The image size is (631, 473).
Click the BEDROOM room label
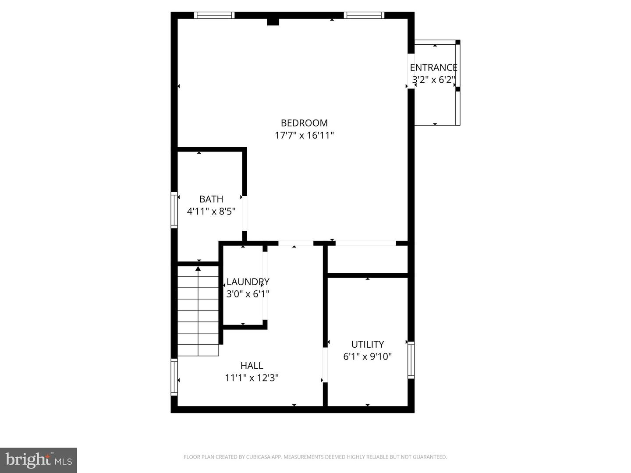[x=304, y=123]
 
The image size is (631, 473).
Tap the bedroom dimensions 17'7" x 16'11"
[x=304, y=135]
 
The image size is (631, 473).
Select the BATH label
[x=211, y=199]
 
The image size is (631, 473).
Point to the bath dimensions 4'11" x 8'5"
[x=211, y=212]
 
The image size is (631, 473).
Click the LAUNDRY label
[x=248, y=282]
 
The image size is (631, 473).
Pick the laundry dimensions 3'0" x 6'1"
[x=248, y=294]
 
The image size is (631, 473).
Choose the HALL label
[x=252, y=366]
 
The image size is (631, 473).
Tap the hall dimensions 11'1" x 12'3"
[x=252, y=378]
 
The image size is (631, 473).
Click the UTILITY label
[x=367, y=344]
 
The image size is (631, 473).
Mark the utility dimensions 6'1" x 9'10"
[x=367, y=357]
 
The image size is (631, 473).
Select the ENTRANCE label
[x=433, y=67]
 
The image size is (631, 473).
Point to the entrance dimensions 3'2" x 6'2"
[x=433, y=80]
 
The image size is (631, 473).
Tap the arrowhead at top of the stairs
[x=198, y=268]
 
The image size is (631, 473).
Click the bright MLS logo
[x=39, y=460]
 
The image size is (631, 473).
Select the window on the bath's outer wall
[x=174, y=210]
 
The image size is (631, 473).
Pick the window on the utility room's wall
[x=411, y=360]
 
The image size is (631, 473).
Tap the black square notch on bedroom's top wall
[x=273, y=21]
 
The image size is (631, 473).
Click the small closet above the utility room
[x=367, y=259]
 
